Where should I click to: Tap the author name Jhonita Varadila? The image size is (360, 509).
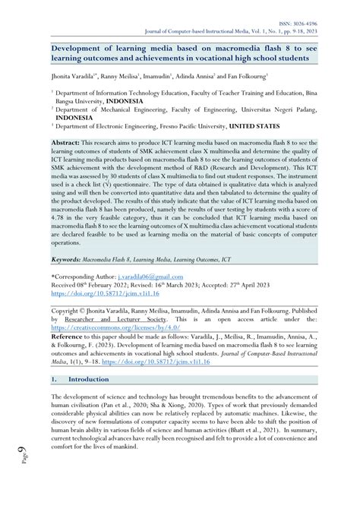pos(78,77)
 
